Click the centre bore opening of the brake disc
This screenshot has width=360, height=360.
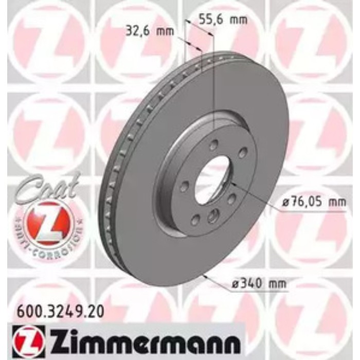[x=211, y=179]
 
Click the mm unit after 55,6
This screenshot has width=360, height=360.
[x=239, y=20]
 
